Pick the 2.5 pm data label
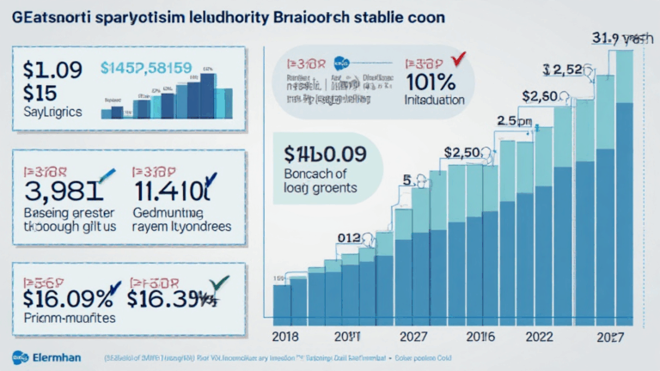point(514,122)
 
